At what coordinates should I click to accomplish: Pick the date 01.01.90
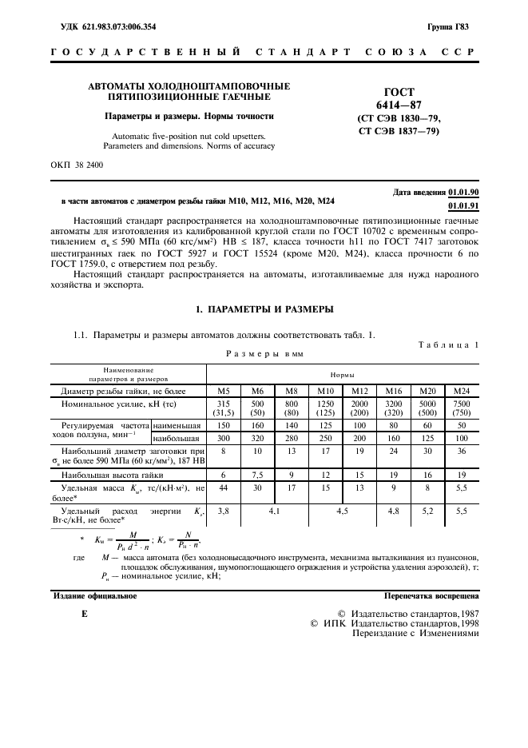coord(463,193)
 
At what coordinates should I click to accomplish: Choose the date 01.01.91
coord(463,205)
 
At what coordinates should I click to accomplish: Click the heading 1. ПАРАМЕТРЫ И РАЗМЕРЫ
coord(264,308)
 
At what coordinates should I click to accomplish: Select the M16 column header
coord(393,391)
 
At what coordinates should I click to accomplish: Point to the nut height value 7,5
coord(257,472)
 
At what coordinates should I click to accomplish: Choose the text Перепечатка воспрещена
coord(431,595)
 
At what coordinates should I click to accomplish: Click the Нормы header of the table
coord(342,373)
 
